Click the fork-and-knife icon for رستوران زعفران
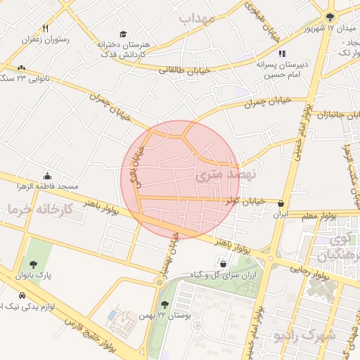pyautogui.click(x=46, y=29)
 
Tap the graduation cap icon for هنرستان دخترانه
pyautogui.click(x=123, y=34)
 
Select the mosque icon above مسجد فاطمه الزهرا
pyautogui.click(x=47, y=176)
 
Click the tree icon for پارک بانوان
pyautogui.click(x=34, y=265)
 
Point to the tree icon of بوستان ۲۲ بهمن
pyautogui.click(x=164, y=304)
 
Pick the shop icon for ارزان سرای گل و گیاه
pyautogui.click(x=223, y=264)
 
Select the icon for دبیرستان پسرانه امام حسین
pyautogui.click(x=282, y=53)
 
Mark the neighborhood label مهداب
pyautogui.click(x=196, y=18)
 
